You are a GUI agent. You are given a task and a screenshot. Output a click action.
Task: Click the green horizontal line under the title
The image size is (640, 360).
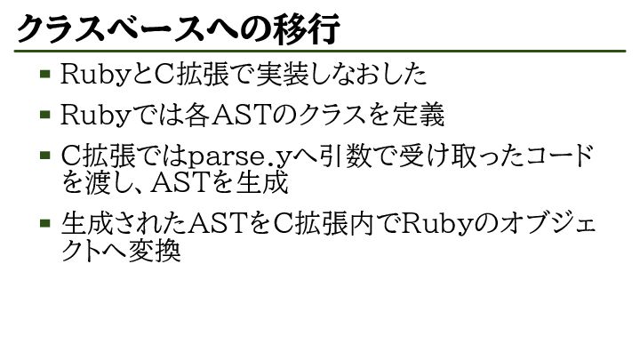click(320, 52)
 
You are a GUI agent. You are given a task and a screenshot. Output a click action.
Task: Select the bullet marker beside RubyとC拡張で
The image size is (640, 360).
click(44, 74)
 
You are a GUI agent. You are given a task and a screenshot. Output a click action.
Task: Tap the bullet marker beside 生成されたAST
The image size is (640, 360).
click(44, 221)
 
